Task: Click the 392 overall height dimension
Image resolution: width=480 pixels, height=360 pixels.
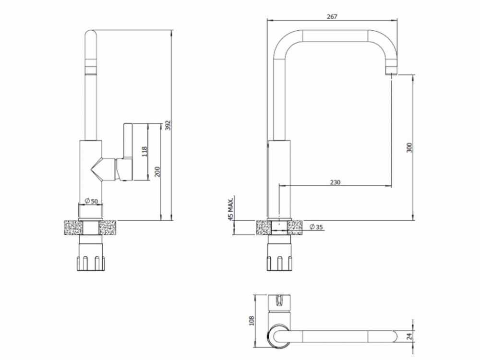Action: [168, 125]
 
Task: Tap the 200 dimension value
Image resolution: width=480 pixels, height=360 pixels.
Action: [156, 171]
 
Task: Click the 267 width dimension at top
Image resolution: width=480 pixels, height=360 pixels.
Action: [332, 16]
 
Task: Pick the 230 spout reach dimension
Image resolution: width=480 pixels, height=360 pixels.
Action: [335, 182]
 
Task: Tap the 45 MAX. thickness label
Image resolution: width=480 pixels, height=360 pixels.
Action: [231, 208]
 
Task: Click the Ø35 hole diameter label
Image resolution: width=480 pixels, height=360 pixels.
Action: [315, 227]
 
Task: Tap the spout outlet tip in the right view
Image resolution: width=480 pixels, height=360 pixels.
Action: [392, 72]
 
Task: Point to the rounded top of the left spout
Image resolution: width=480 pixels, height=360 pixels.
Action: [91, 36]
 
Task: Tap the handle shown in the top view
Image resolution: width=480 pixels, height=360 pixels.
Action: [278, 300]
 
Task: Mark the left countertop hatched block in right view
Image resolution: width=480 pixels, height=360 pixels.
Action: [264, 227]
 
